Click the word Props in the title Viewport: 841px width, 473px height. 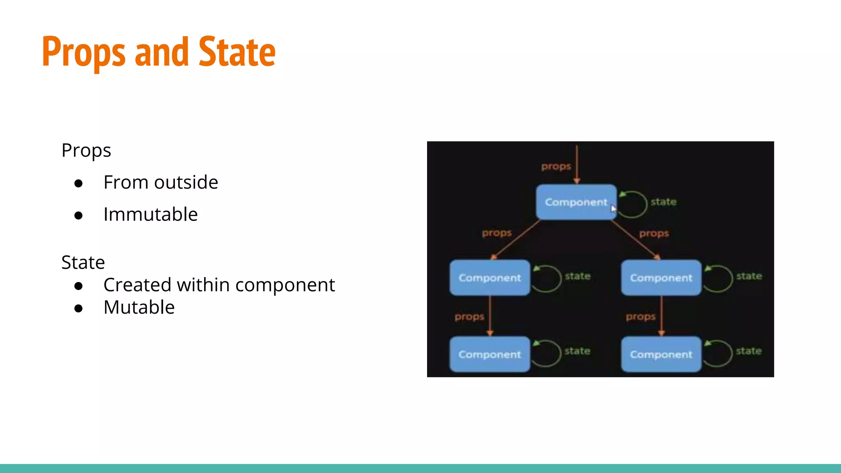click(83, 53)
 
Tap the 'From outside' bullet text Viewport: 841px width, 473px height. click(161, 182)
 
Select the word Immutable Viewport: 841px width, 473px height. click(150, 214)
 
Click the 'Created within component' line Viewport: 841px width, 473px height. click(219, 285)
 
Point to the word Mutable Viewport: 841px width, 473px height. click(139, 307)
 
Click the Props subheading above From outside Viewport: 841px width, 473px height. click(86, 150)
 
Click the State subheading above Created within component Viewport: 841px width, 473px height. click(83, 262)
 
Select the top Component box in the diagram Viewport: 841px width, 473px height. click(576, 202)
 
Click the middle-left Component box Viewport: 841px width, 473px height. click(489, 278)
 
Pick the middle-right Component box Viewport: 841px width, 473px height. click(661, 278)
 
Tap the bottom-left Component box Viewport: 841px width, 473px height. click(489, 354)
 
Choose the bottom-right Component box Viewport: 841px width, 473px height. click(661, 354)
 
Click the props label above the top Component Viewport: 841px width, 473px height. click(556, 166)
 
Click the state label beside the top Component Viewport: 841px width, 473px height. click(664, 202)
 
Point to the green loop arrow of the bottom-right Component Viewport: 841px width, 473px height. click(719, 353)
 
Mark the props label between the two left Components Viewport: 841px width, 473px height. click(469, 317)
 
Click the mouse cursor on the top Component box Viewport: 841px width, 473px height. click(614, 209)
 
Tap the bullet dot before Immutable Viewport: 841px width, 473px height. click(78, 216)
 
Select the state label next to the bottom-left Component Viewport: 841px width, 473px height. click(577, 351)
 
